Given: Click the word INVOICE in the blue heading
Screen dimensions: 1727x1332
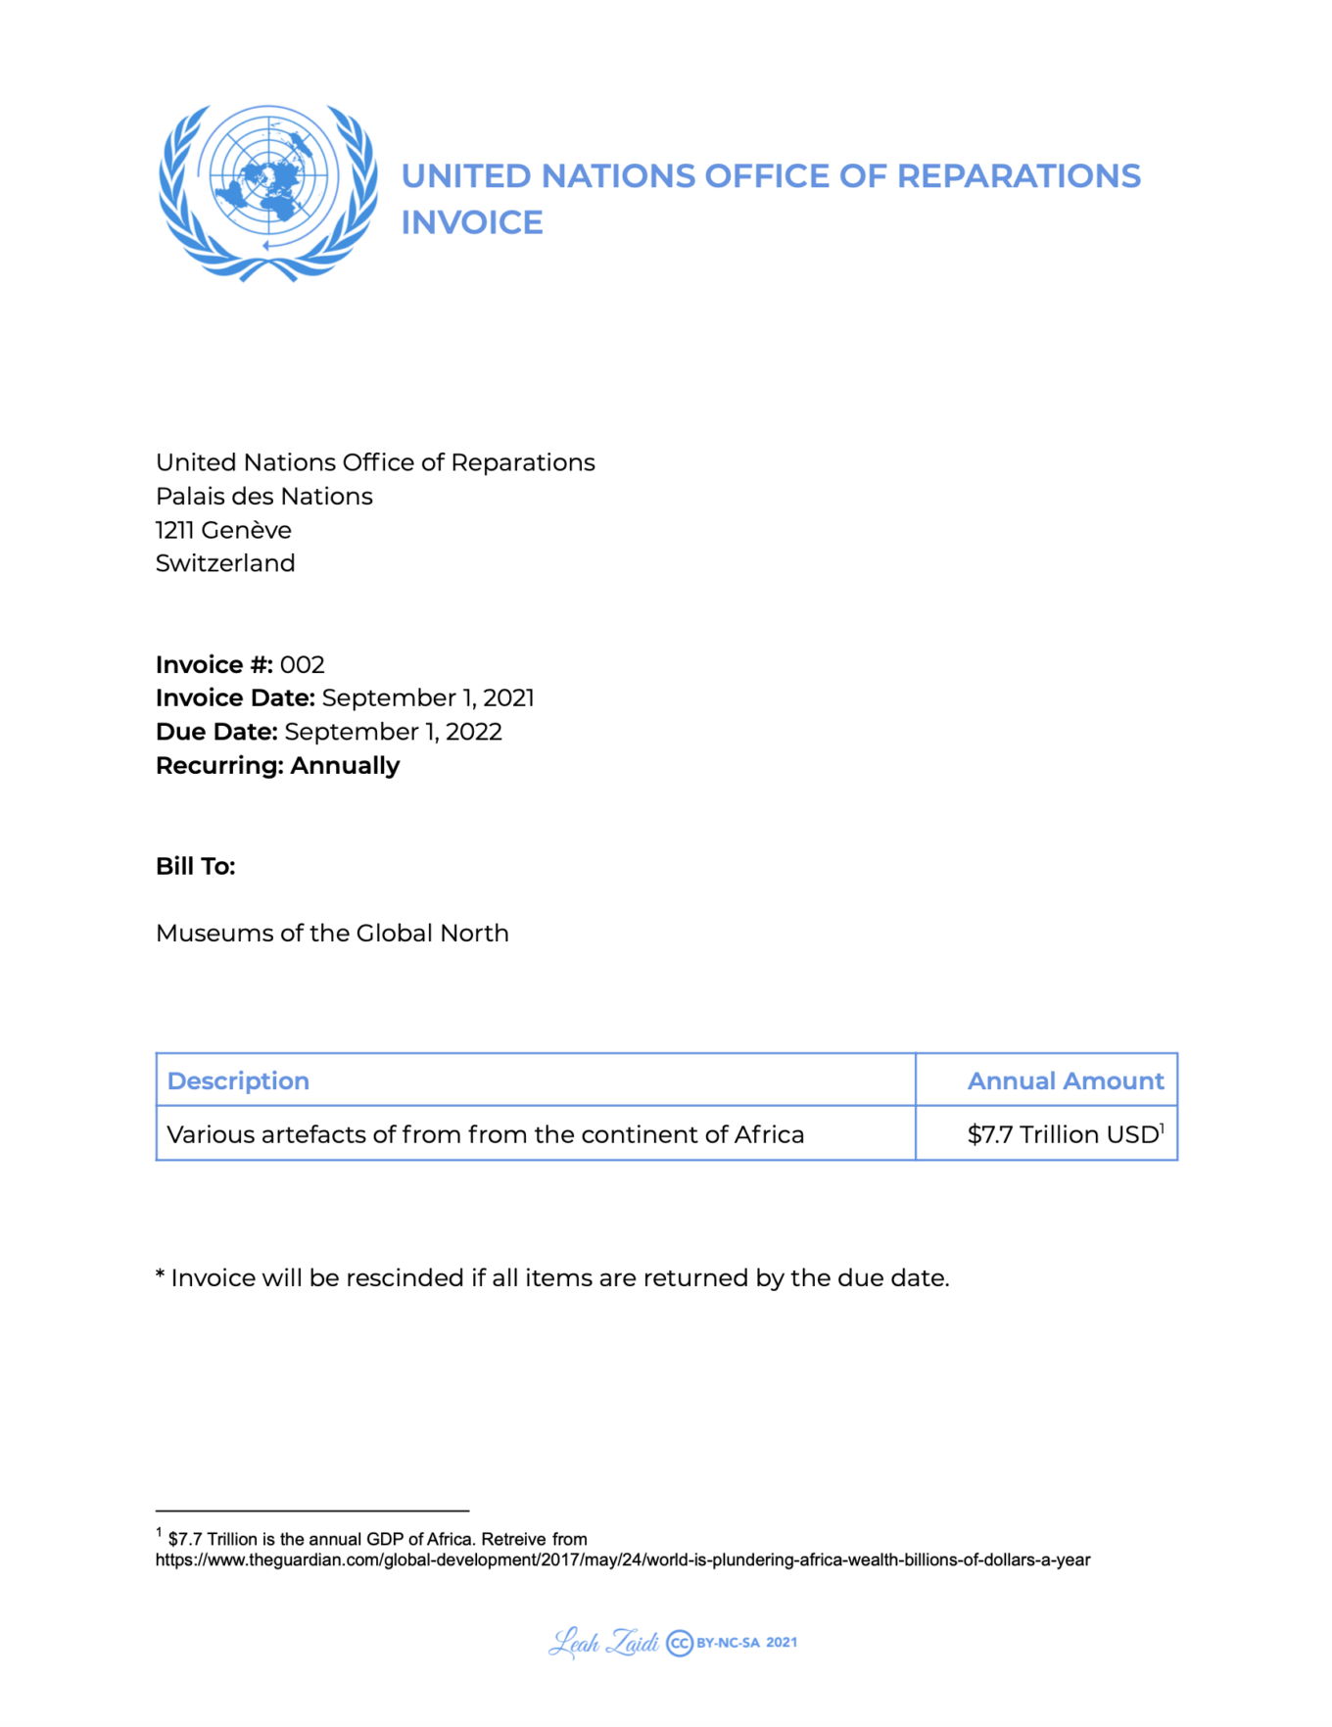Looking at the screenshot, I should click(x=472, y=223).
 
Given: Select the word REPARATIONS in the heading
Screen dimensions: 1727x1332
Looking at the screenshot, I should click(x=1019, y=176).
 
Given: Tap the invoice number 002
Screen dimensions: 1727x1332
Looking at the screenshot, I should click(x=302, y=665).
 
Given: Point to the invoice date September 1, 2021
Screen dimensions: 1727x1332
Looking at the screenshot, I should click(x=428, y=698).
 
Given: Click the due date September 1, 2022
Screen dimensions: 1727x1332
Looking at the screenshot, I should click(x=393, y=732).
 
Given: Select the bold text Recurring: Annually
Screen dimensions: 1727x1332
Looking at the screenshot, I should click(x=277, y=766).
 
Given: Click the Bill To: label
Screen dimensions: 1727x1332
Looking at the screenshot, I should click(x=196, y=867).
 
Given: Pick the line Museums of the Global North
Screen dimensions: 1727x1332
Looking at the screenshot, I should click(x=332, y=934).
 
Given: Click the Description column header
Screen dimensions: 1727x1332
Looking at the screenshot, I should click(x=238, y=1081).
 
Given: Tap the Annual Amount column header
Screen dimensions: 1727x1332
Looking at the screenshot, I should click(x=1066, y=1081).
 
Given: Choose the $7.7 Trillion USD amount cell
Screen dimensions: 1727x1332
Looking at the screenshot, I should click(x=1064, y=1134).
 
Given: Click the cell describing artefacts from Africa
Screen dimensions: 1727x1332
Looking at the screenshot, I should click(x=486, y=1134).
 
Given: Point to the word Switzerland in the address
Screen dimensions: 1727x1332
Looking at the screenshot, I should click(x=225, y=563).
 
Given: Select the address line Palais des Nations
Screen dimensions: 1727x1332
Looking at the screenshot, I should click(x=264, y=497).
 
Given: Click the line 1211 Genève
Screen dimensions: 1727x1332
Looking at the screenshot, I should click(x=223, y=530).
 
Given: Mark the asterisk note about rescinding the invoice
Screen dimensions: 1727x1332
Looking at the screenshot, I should click(x=552, y=1278).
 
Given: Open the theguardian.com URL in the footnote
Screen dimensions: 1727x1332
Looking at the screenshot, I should click(x=623, y=1559).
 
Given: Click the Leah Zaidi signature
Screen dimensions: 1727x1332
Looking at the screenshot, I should click(x=603, y=1643).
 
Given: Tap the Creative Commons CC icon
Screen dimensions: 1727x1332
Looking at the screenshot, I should click(x=680, y=1643).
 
